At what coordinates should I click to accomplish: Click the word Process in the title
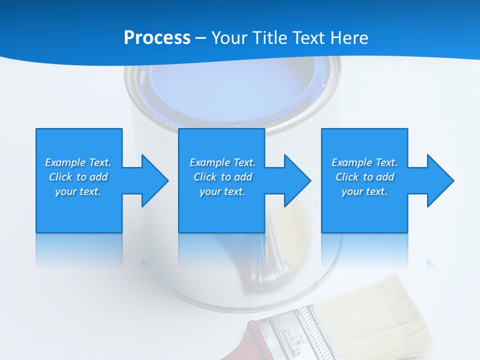[x=157, y=38]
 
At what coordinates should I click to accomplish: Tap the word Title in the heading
[x=269, y=38]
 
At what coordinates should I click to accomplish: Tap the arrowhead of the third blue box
[x=439, y=180]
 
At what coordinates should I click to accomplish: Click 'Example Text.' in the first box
[x=78, y=162]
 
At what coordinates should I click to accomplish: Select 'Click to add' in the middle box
[x=222, y=177]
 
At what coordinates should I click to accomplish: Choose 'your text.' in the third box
[x=364, y=191]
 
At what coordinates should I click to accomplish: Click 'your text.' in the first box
[x=78, y=191]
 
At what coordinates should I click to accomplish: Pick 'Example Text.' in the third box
[x=364, y=162]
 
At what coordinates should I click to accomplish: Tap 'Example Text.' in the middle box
[x=222, y=162]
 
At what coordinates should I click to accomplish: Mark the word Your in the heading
[x=229, y=38]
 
